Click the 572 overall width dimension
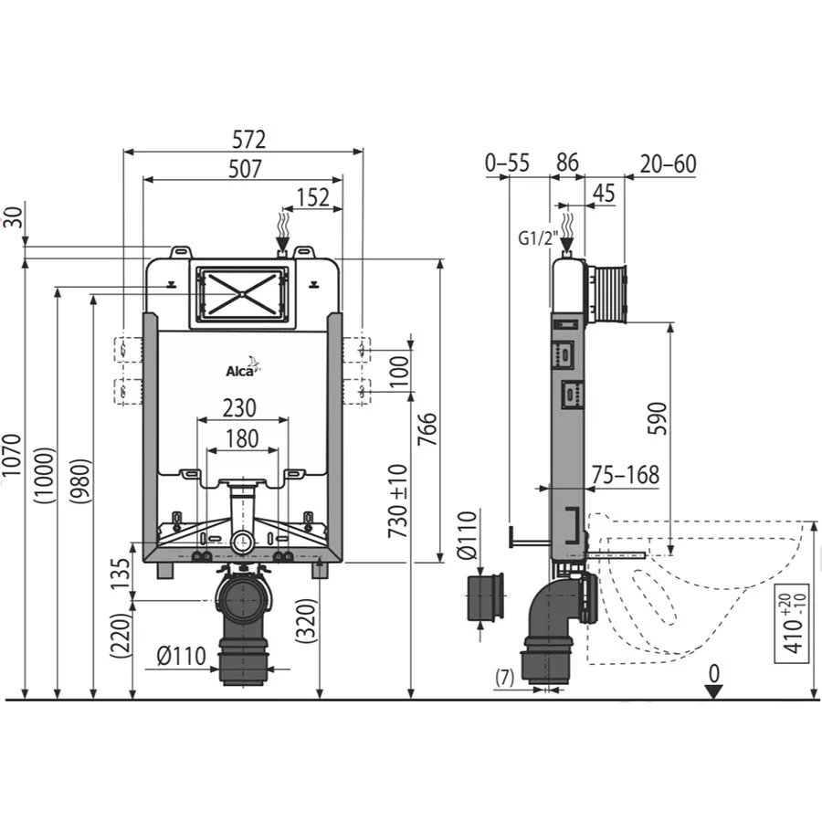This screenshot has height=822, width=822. [249, 140]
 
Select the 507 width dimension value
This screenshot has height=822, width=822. [245, 169]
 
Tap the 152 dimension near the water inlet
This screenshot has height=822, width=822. [313, 197]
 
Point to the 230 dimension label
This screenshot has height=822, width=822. [239, 408]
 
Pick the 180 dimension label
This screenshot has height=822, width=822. [242, 438]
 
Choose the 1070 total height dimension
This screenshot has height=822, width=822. [12, 455]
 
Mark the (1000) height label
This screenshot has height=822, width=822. [44, 476]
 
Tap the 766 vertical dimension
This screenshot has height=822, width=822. [427, 429]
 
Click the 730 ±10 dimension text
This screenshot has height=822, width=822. [398, 501]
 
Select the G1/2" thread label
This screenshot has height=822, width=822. [538, 238]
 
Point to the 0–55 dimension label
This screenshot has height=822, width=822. [507, 163]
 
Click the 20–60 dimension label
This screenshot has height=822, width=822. [668, 164]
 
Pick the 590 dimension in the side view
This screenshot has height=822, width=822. [658, 418]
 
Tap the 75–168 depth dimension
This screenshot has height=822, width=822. [626, 475]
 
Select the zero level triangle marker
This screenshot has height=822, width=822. [713, 691]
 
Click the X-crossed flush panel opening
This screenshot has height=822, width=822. [242, 294]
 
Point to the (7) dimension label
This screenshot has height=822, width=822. [505, 678]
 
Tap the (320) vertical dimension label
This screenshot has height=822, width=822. [307, 621]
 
